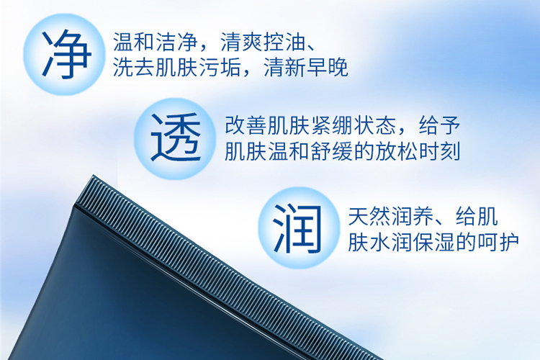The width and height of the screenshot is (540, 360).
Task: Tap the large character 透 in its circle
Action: [176, 138]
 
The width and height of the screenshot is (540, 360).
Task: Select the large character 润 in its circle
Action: [297, 228]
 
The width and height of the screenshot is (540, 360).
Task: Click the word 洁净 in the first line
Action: [177, 42]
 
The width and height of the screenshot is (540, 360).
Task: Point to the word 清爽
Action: [241, 42]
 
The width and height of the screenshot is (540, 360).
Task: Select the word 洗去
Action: [134, 67]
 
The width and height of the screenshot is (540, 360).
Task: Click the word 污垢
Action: [220, 67]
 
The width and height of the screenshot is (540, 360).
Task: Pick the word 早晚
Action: [327, 67]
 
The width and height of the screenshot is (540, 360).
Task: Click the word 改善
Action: [246, 125]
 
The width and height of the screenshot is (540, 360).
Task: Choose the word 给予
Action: [439, 125]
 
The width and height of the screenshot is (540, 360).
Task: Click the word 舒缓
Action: [332, 151]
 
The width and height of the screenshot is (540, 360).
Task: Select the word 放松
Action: [397, 151]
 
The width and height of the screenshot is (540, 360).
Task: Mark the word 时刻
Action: [439, 151]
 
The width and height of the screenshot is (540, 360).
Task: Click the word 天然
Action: [369, 216]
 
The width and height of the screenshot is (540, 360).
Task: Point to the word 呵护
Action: [498, 242]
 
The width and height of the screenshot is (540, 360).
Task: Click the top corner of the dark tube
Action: [93, 176]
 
